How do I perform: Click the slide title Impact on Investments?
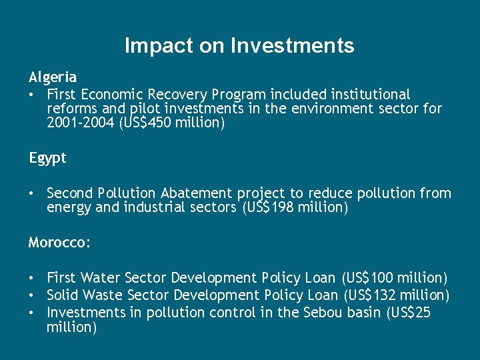pos(239,46)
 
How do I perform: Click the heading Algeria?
pos(53,77)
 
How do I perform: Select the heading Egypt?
pos(47,159)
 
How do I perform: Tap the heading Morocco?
pos(59,243)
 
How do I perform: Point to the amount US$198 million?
pos(294,208)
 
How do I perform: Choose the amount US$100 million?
pos(394,277)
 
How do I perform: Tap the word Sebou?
pos(324,312)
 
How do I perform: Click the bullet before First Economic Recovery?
pos(32,95)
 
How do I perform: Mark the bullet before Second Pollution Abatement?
pos(32,193)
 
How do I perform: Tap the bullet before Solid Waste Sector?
pos(32,295)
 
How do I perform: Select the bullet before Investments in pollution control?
pos(32,312)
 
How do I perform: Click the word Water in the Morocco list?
pos(101,277)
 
